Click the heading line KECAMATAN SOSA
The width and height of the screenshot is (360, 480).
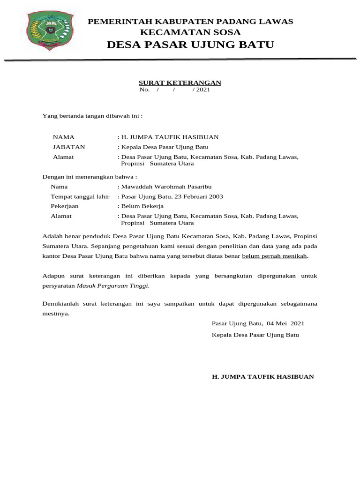(x=190, y=32)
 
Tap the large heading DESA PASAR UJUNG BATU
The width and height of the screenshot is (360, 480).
(x=190, y=45)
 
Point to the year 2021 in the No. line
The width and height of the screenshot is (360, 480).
(x=203, y=90)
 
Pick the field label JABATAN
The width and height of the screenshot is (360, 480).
(x=69, y=147)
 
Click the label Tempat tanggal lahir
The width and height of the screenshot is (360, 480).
(x=80, y=196)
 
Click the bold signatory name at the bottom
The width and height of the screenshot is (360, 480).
(x=263, y=376)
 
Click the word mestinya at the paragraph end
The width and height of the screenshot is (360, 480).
(x=55, y=314)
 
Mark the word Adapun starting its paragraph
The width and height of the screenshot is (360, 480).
(x=52, y=276)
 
